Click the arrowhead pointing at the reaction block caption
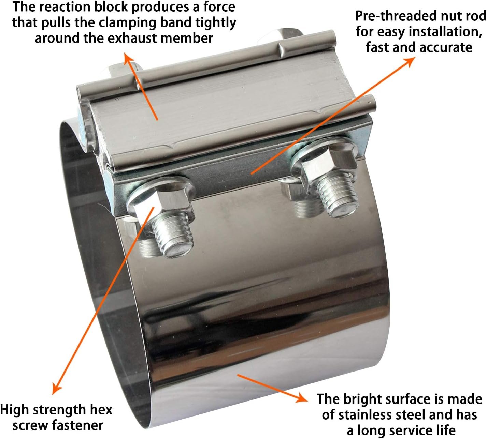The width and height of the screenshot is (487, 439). [x=128, y=58]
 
